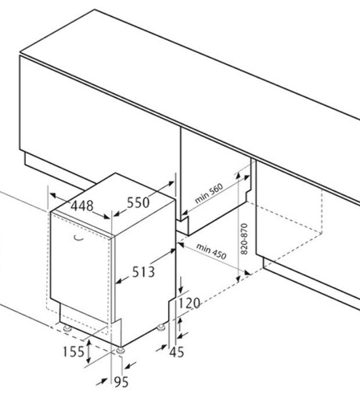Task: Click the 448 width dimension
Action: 82,206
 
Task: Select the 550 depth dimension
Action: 138,202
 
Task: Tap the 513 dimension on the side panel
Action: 144,272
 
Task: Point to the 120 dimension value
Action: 190,303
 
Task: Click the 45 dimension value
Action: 176,352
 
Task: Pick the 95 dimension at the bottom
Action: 121,382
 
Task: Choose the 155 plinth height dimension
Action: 74,351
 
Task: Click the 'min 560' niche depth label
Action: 209,193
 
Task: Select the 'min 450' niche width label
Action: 211,251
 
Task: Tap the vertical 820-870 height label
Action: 244,239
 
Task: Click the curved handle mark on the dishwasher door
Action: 78,238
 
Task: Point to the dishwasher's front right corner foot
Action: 121,351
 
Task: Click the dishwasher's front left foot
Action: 67,328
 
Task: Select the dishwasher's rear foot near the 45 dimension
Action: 161,328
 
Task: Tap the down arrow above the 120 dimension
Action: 181,285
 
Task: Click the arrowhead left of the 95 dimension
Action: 102,382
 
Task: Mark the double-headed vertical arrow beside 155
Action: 89,351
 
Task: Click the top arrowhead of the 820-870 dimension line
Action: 238,176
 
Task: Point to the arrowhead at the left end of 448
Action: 53,195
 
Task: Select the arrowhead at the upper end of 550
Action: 171,183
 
